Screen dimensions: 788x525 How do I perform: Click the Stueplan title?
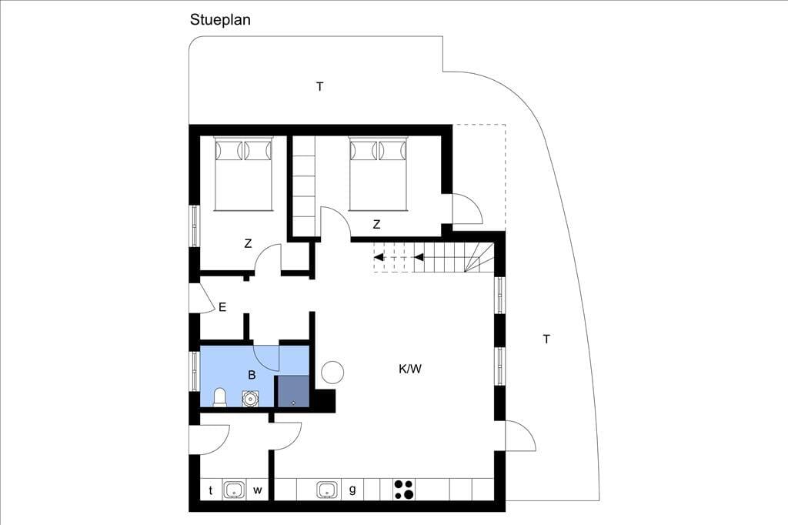tap(220, 20)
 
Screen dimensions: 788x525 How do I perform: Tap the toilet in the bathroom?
tap(220, 396)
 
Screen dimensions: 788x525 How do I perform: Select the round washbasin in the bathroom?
tap(250, 399)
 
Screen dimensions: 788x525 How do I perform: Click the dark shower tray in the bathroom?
tap(292, 391)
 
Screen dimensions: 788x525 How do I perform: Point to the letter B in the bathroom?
tap(252, 375)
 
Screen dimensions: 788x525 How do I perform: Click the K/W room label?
tap(410, 369)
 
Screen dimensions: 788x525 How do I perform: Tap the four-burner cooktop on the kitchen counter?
tap(404, 490)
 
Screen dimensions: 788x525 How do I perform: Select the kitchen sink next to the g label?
tap(328, 490)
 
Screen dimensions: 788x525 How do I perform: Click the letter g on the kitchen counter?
tap(352, 490)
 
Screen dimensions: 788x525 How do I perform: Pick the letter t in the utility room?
tap(211, 490)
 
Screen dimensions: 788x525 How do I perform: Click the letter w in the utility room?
tap(257, 490)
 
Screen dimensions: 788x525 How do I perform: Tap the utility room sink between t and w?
tap(234, 490)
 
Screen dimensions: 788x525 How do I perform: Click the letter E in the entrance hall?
tap(222, 306)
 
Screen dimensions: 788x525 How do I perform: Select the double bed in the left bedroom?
tap(243, 173)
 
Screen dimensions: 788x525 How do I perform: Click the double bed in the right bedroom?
tap(377, 173)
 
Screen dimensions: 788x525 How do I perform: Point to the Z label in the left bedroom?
tap(248, 244)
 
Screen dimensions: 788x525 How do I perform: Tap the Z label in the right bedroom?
tap(376, 225)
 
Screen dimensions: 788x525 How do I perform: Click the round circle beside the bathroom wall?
tap(332, 373)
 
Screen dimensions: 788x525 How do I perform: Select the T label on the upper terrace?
tap(319, 87)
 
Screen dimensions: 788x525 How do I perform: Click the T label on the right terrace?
tap(546, 339)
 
